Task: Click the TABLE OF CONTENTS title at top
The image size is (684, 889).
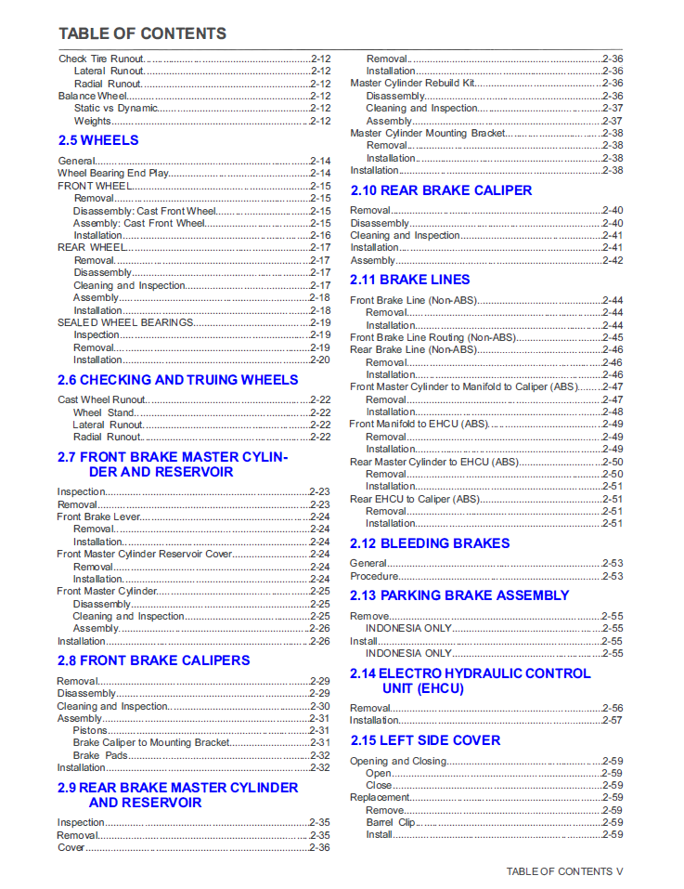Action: click(142, 33)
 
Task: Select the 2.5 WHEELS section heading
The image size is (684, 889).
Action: click(97, 140)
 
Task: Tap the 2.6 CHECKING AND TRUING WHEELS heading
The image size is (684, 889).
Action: click(177, 380)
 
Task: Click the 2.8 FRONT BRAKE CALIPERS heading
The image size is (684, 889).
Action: click(153, 660)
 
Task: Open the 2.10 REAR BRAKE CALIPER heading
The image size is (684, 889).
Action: click(441, 190)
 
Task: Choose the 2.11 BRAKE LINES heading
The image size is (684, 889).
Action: click(409, 280)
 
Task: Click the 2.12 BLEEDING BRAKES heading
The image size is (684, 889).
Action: click(430, 543)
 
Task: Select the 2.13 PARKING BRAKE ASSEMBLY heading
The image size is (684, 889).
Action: click(459, 595)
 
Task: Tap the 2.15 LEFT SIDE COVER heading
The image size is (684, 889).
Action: click(425, 740)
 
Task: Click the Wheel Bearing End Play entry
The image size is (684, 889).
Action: click(112, 174)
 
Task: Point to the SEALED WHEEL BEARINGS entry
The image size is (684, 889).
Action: click(125, 322)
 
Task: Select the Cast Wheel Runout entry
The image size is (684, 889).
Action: click(101, 400)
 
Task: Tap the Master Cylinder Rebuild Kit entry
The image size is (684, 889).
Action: click(411, 84)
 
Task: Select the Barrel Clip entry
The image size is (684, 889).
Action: click(391, 822)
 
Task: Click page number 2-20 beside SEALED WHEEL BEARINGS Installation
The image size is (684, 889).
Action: click(320, 360)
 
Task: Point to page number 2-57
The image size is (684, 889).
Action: click(613, 720)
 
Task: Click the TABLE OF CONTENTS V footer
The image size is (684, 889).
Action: click(564, 871)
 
